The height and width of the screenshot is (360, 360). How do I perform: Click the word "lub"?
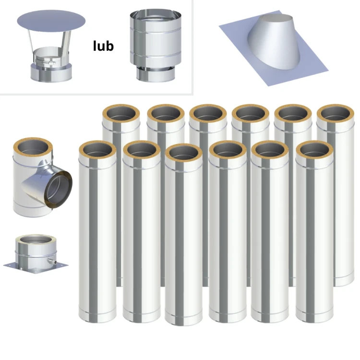pyautogui.click(x=103, y=46)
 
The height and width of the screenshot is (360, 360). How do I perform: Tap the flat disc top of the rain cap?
pyautogui.click(x=51, y=21)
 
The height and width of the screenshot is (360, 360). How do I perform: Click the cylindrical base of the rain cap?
pyautogui.click(x=51, y=72)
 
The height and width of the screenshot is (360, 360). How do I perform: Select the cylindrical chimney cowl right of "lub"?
pyautogui.click(x=156, y=46)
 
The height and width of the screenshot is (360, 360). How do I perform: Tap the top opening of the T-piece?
pyautogui.click(x=33, y=147)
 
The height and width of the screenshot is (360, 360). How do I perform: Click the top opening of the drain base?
pyautogui.click(x=36, y=240)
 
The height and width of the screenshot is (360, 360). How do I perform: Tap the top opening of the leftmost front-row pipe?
pyautogui.click(x=97, y=150)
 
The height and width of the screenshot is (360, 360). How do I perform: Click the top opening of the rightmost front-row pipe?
pyautogui.click(x=314, y=150)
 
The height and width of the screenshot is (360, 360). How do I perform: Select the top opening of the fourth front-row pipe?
pyautogui.click(x=228, y=150)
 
